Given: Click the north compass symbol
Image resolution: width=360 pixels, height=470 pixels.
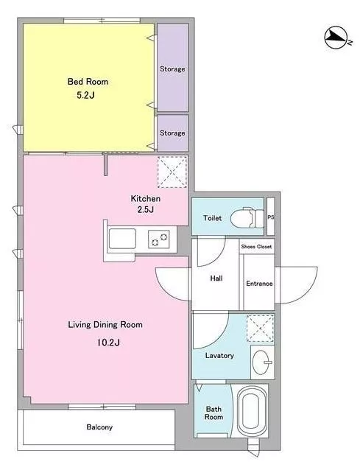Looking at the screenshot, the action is coord(338,38).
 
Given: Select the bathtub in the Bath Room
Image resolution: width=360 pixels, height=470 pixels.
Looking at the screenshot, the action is coord(250,411).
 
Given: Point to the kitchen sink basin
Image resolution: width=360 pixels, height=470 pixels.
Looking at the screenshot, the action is coord(122,239).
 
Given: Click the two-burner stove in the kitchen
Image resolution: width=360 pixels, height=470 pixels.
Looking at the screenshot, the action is coord(159,239).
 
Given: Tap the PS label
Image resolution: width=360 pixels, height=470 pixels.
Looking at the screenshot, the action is coord(270,217).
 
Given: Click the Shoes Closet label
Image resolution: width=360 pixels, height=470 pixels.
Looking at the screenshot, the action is coord(256,246).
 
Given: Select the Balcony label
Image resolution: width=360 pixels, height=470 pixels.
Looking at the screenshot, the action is coord(99,427).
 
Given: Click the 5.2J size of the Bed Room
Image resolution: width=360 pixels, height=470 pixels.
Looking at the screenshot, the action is coord(85,95).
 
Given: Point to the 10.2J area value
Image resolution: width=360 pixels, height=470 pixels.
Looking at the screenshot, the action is coord(108,343).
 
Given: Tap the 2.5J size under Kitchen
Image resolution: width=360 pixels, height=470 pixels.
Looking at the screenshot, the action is coord(146,209).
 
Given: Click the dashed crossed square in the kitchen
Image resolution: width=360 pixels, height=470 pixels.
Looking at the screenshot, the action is coord(172,172).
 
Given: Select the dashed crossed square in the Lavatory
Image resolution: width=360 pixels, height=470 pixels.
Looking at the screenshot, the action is coord(260,329).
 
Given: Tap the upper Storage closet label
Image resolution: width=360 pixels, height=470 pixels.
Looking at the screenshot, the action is coord(172,69).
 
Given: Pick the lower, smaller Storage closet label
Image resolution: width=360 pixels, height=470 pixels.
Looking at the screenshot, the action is coord(172,133).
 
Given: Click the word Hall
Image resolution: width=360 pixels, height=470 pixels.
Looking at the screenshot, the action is coord(216,278).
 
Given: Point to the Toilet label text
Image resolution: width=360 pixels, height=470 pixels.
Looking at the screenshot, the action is coord(212,218).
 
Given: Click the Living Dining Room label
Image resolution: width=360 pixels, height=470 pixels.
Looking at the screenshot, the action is coord(105,325).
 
